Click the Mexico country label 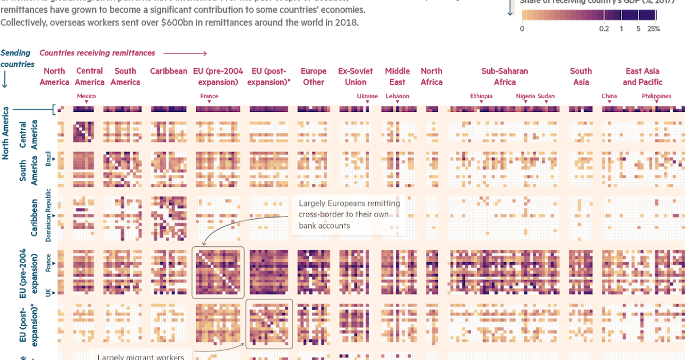click(86, 96)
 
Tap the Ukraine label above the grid click(367, 96)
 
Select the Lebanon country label click(397, 96)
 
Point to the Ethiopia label click(481, 96)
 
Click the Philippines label click(656, 96)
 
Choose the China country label click(609, 96)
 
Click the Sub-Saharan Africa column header click(504, 77)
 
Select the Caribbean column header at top click(169, 71)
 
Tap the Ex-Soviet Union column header click(356, 77)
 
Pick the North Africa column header click(432, 77)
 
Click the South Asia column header click(581, 77)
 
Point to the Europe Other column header click(313, 77)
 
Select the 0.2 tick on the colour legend click(604, 29)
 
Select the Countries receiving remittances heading click(97, 53)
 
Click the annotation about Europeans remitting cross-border click(349, 214)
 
